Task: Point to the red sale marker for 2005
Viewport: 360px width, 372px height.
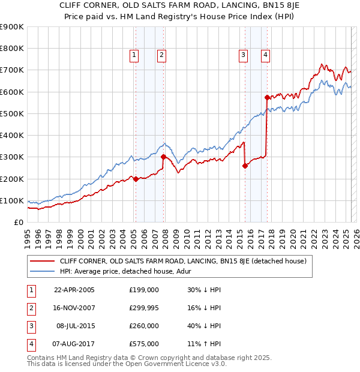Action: pyautogui.click(x=136, y=179)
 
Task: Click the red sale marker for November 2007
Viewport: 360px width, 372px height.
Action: pyautogui.click(x=163, y=157)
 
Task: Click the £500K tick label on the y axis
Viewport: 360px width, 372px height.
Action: pyautogui.click(x=11, y=113)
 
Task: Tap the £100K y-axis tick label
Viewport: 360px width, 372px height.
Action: pyautogui.click(x=11, y=200)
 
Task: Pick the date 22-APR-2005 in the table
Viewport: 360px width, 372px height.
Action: pyautogui.click(x=74, y=290)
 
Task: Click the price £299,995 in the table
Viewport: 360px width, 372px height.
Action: pyautogui.click(x=143, y=308)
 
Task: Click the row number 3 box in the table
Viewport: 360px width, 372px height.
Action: pyautogui.click(x=30, y=326)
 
